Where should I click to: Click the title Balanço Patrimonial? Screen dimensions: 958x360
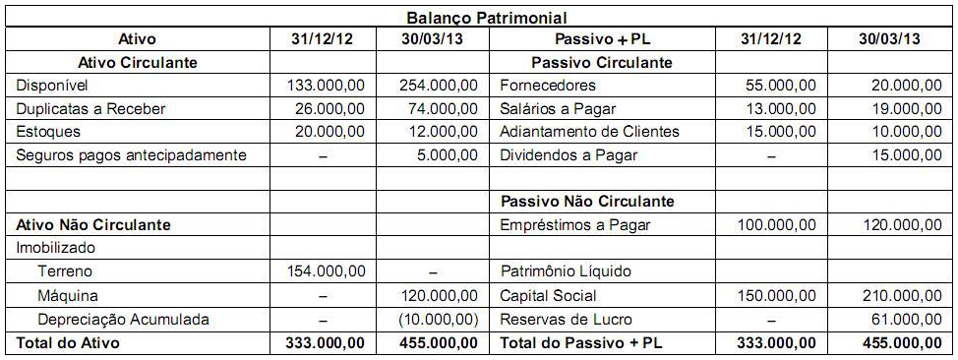click(486, 18)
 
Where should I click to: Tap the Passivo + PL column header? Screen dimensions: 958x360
click(586, 39)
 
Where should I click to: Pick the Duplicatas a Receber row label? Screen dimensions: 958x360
click(90, 108)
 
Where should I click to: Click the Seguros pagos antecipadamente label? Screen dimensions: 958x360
click(131, 154)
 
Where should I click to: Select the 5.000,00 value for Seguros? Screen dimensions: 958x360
click(449, 154)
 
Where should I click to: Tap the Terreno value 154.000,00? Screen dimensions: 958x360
click(326, 271)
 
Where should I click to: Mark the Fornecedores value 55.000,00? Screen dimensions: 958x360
click(780, 86)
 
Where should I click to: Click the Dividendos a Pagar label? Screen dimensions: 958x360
click(569, 154)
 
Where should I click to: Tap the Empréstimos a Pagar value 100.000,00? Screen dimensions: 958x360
click(776, 225)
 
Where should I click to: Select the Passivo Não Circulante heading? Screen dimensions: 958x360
click(587, 202)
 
